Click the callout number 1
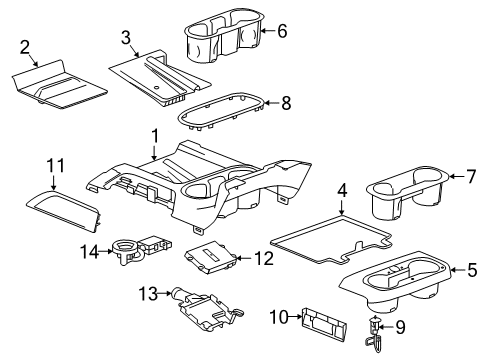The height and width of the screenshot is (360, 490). coord(154,136)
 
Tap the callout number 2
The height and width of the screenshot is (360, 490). coord(24,46)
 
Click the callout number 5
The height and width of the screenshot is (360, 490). coord(472,268)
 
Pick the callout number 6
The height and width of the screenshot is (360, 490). coord(281,31)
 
